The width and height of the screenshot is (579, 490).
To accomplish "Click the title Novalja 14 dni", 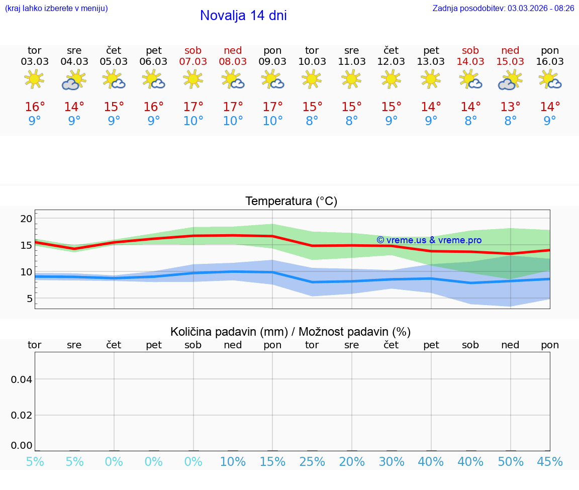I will tap(243, 16).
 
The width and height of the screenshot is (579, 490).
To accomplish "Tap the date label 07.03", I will tap(193, 61).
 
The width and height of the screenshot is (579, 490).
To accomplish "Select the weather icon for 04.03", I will tap(74, 80).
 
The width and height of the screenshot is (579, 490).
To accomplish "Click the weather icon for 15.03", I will tap(510, 80).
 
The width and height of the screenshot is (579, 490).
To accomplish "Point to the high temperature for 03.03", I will tap(35, 107).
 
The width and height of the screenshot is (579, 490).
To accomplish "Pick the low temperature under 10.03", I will tap(312, 121).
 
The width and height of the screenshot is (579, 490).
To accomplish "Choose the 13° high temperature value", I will tap(510, 107).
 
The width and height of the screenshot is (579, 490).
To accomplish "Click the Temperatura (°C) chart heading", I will tap(291, 202).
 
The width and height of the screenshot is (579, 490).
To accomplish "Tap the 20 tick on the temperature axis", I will tap(26, 219).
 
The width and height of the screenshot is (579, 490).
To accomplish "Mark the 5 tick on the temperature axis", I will tap(29, 299).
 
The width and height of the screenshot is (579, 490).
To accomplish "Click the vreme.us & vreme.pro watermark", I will tap(429, 240).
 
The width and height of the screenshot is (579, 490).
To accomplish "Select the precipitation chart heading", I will tap(291, 332).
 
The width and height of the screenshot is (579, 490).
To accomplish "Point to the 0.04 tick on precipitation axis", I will tap(22, 379).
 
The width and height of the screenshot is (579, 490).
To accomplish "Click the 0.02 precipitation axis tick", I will tap(22, 415).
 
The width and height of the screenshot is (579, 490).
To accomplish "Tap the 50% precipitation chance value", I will tap(510, 462).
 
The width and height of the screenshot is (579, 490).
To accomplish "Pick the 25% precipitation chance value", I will tap(312, 462).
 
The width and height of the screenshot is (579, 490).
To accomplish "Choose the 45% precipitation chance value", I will tap(550, 462).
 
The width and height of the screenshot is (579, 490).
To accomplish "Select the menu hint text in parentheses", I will tap(56, 9).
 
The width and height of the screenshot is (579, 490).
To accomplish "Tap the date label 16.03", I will tap(550, 61).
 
